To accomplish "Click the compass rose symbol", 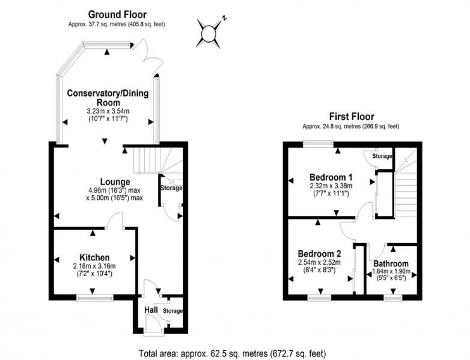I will coord(210,33).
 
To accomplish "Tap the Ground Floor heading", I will coord(117,15).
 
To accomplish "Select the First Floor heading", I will coord(351,116).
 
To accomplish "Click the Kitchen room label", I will coord(95,258).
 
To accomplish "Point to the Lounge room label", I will coord(115,182).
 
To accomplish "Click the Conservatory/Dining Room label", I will coord(108,97).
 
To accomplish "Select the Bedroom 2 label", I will coord(319,254).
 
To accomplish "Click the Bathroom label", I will coord(391,264).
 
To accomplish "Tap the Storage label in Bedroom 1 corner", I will coord(382,156).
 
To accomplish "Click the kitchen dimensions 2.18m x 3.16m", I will coord(95,267).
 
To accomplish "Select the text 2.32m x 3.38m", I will coord(330,186).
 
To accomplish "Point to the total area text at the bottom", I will coord(235,353).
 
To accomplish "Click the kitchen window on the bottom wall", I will coord(95,298).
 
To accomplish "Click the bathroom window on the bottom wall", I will coord(392,298).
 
